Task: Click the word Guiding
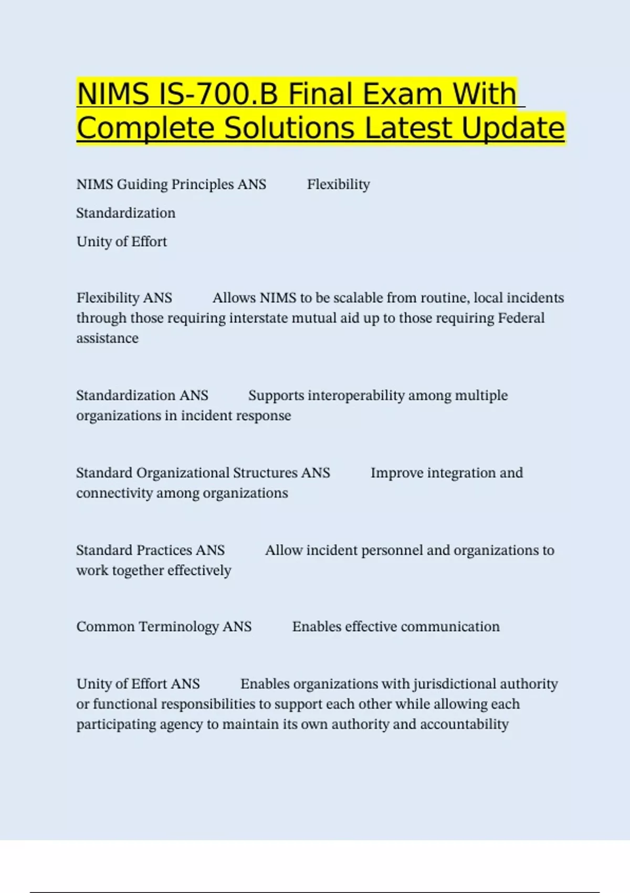[x=142, y=184]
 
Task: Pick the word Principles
[x=202, y=184]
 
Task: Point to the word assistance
[x=107, y=338]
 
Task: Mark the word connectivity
[x=114, y=493]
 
